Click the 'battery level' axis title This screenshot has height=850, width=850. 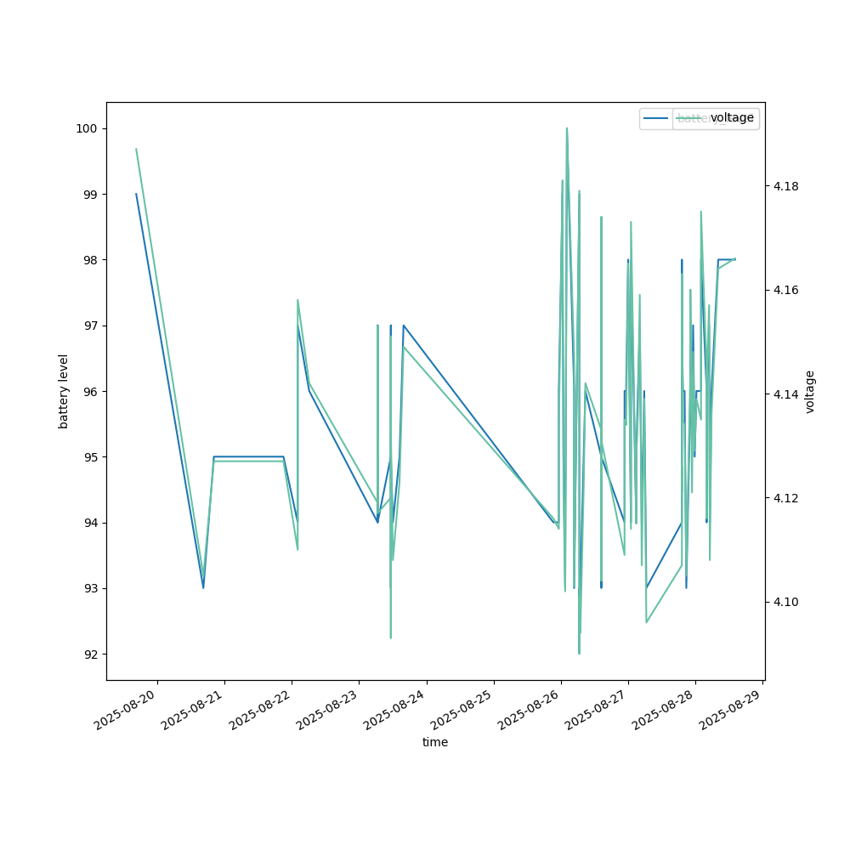point(64,391)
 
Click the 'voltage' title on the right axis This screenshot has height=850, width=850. point(810,391)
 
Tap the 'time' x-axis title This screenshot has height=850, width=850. point(435,742)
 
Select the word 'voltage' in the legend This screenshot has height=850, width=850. point(732,118)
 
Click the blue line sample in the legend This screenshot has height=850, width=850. point(656,118)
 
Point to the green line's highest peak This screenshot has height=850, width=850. point(567,128)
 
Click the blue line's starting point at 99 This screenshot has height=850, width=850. point(136,194)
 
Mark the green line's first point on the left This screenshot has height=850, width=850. point(136,149)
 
